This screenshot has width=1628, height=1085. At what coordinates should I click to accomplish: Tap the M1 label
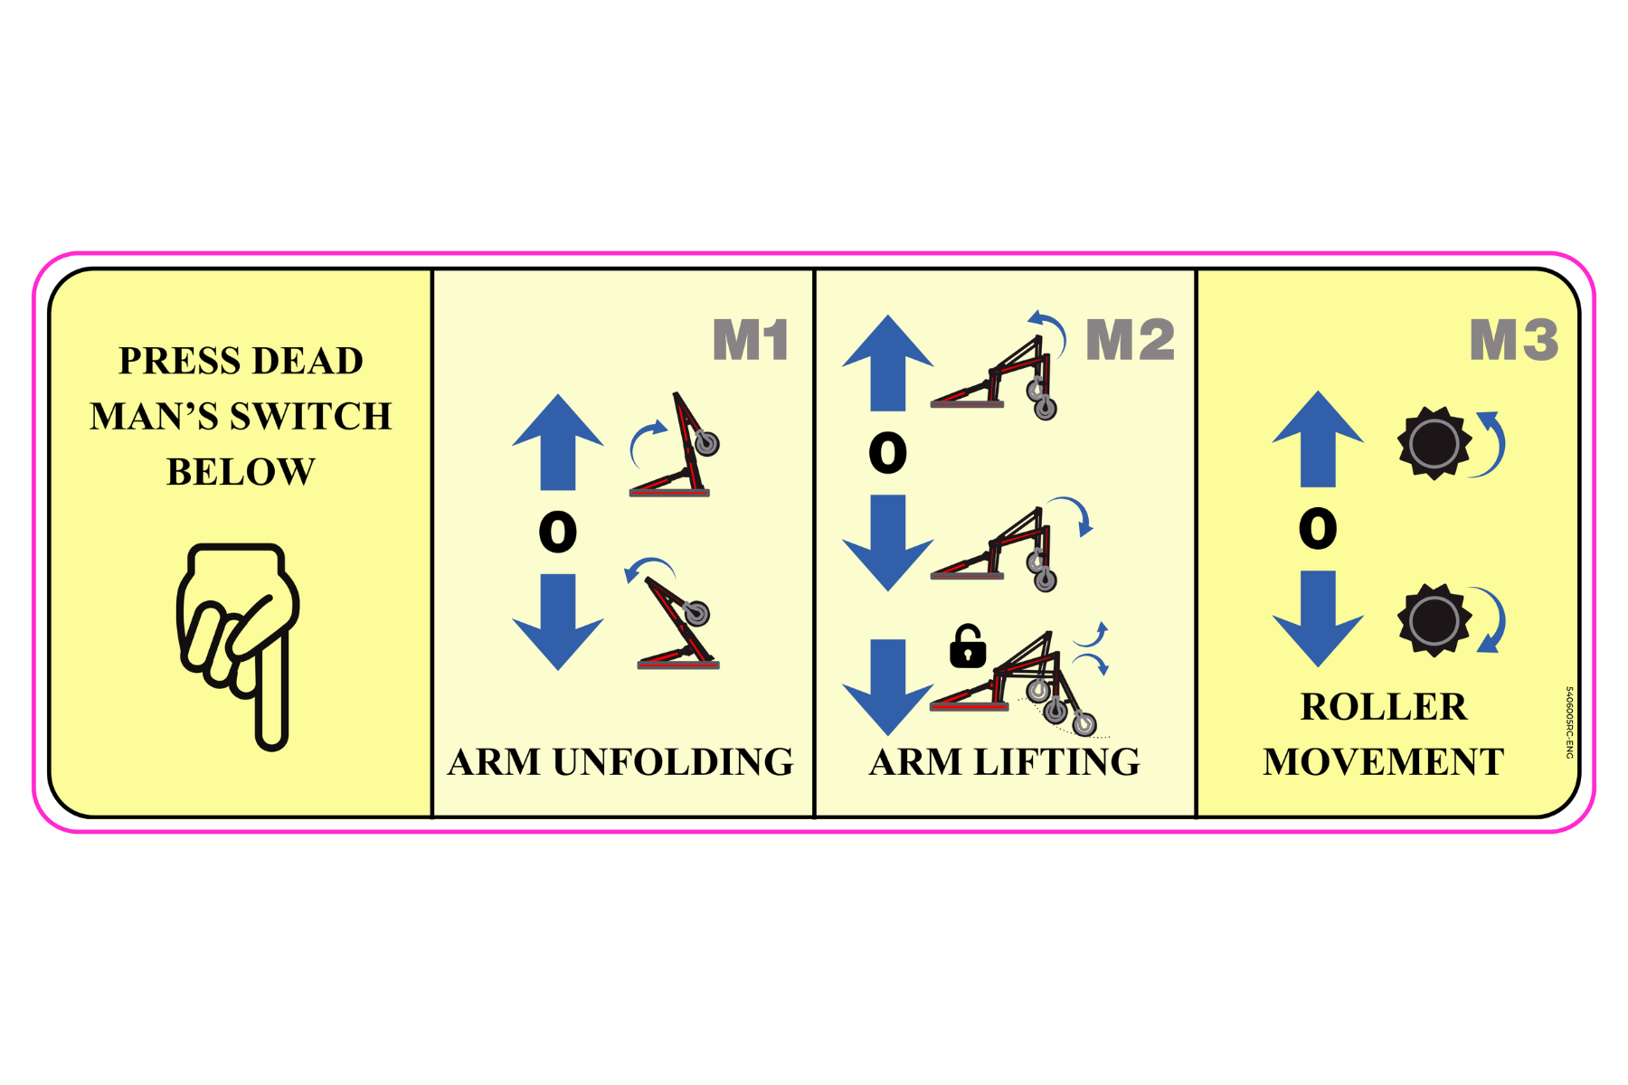tap(750, 340)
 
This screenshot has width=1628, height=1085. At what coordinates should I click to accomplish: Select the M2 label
tap(1130, 340)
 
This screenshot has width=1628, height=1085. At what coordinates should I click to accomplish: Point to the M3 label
tap(1513, 340)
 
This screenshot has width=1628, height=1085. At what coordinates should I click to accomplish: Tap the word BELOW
tap(241, 472)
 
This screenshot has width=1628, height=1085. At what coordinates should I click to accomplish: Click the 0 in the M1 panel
tap(558, 532)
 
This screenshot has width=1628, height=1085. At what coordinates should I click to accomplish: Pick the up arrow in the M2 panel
tap(887, 362)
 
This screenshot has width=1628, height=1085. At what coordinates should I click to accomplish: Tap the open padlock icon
tap(967, 646)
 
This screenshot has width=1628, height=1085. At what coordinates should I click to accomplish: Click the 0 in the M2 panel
tap(887, 452)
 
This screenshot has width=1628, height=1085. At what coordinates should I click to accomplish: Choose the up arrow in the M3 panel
tap(1318, 439)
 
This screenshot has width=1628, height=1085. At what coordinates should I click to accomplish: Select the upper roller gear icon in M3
tap(1434, 443)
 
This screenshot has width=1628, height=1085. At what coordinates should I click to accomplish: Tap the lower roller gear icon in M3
tap(1434, 620)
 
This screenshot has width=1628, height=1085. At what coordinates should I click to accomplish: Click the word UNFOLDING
tap(673, 762)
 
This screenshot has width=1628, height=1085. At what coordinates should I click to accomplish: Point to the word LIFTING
tap(1056, 762)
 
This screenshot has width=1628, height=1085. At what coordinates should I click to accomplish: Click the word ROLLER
tap(1384, 707)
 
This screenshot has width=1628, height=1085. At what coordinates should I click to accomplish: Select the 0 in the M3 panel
tap(1318, 529)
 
